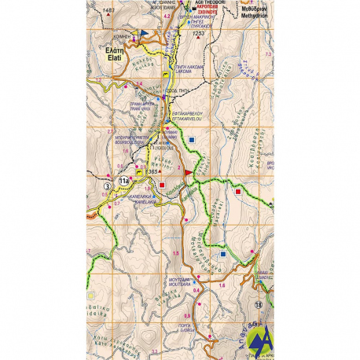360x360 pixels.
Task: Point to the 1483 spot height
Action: point(108,9)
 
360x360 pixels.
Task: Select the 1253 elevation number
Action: point(197,34)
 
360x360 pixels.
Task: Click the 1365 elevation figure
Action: point(153,171)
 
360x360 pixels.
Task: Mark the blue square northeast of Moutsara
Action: point(223,254)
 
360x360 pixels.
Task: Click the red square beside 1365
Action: point(162,186)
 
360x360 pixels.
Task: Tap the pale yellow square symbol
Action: point(92,295)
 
